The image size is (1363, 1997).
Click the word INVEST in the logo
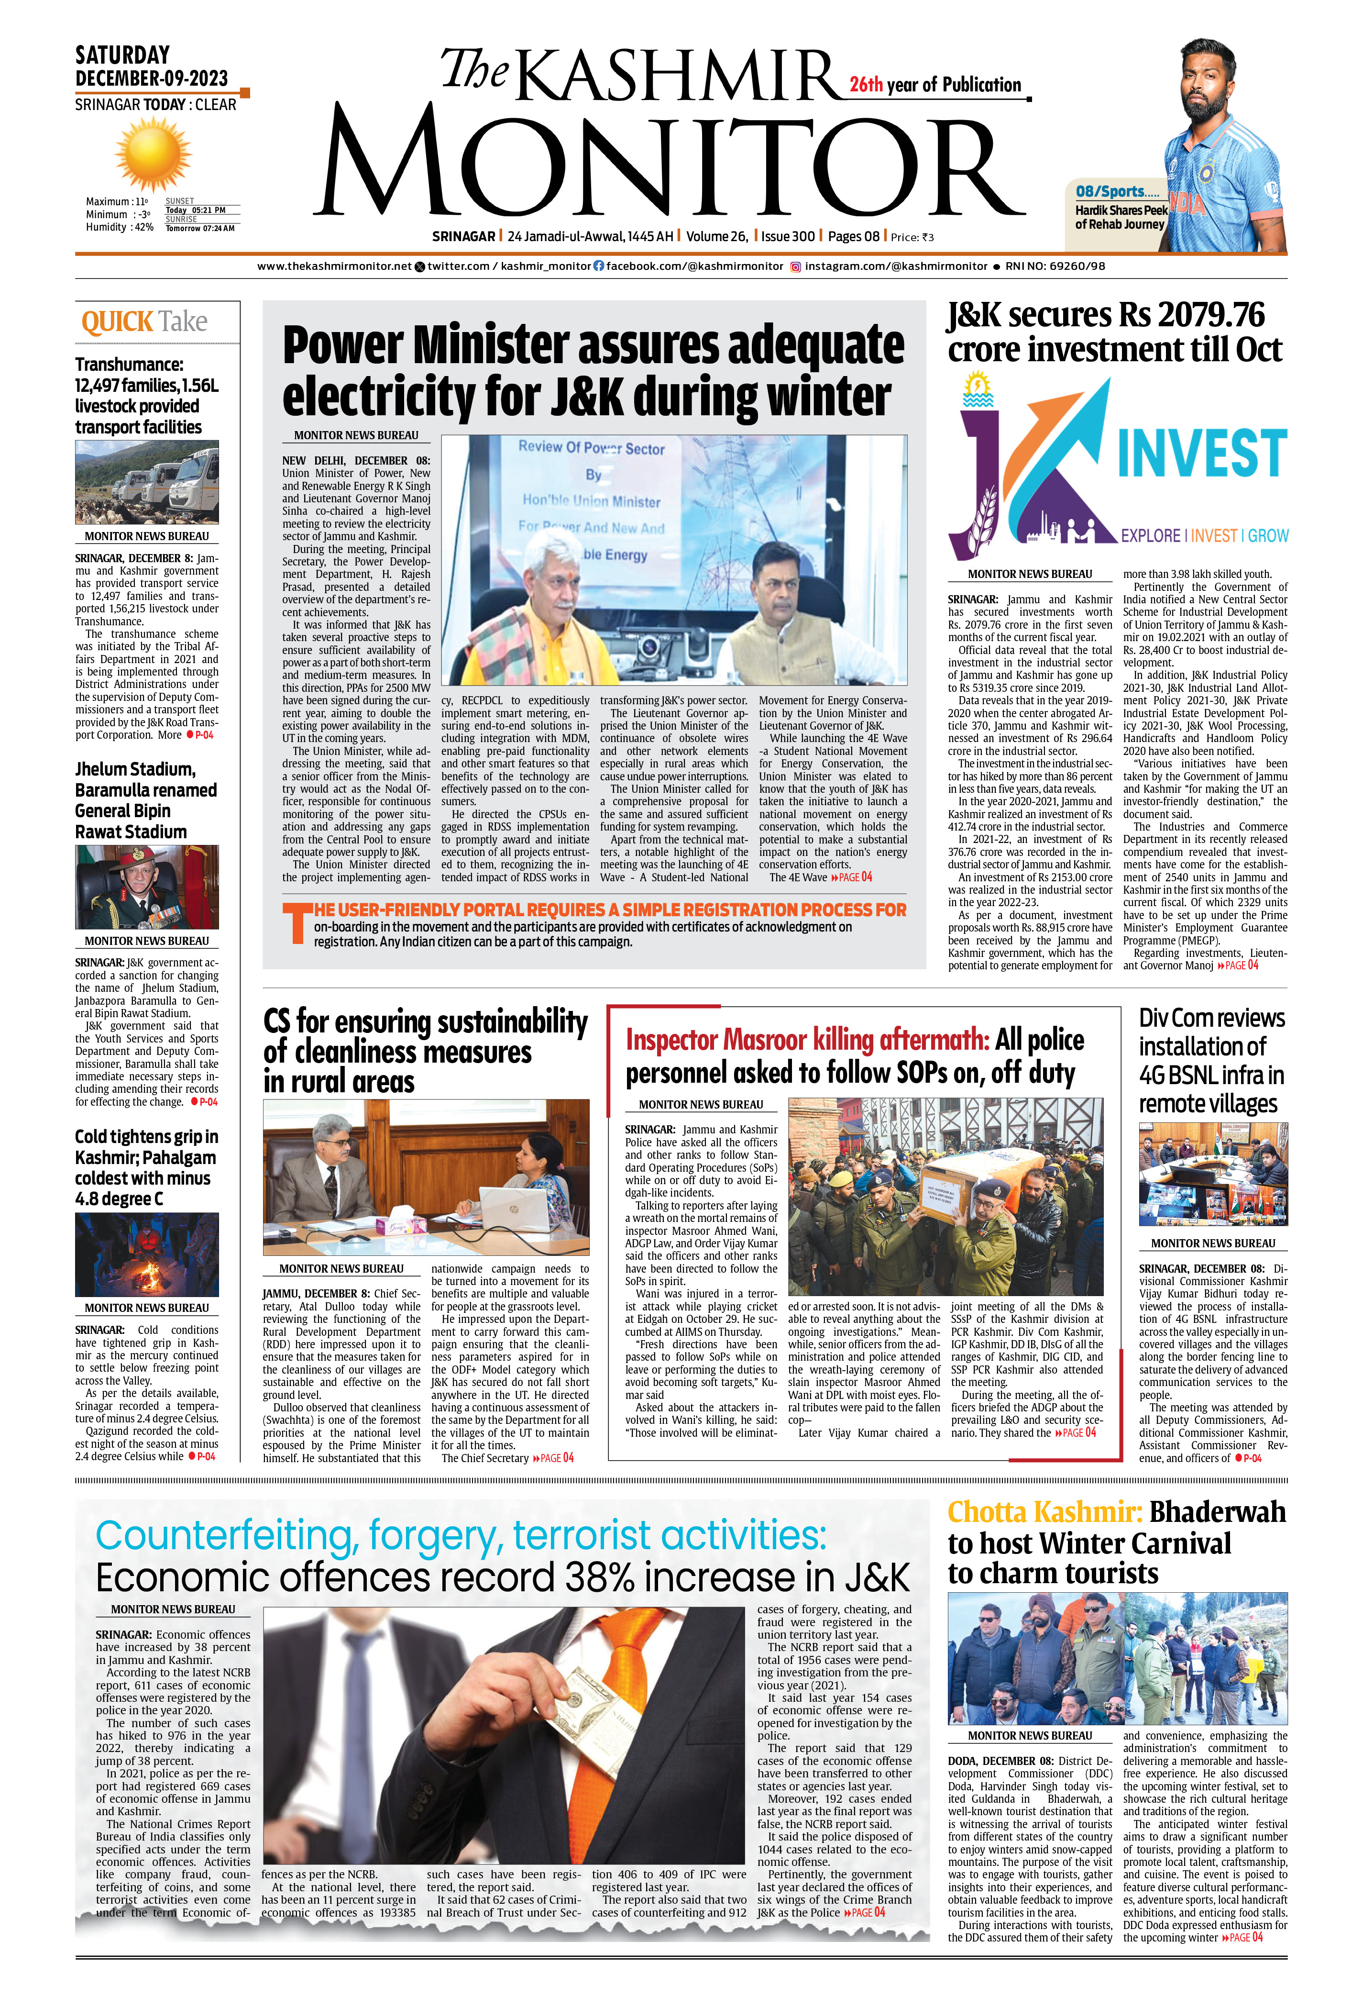pos(1201,455)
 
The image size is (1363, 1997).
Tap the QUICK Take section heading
pos(144,322)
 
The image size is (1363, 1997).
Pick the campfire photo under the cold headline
pos(147,1254)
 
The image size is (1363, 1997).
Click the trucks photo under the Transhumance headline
pos(147,482)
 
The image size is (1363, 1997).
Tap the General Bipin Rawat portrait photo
pos(147,887)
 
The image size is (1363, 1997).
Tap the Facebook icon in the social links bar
pos(599,266)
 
